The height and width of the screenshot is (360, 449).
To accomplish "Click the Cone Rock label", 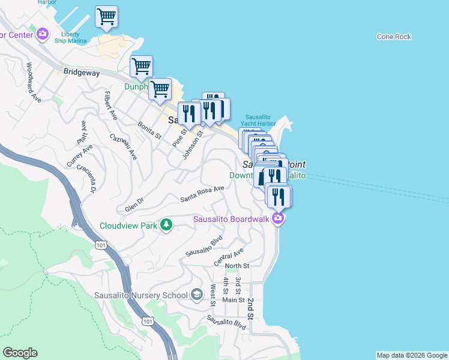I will tap(394, 37).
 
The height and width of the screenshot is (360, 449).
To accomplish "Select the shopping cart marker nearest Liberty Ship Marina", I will tap(106, 17).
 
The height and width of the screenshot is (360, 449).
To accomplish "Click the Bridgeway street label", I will tap(82, 71).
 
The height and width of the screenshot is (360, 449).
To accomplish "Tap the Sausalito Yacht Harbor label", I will tap(260, 120).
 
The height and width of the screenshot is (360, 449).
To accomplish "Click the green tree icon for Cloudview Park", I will tap(167, 225).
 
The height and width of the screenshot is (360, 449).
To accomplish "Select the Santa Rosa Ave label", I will tap(202, 193).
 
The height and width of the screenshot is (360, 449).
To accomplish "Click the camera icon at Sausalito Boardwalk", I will tap(277, 218).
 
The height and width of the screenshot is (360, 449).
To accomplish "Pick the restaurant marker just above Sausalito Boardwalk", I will tap(279, 196).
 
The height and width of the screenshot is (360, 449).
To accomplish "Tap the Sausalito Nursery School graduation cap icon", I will tap(197, 295).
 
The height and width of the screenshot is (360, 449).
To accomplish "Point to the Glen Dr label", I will tap(134, 204).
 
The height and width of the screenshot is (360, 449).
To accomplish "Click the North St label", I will tap(237, 266).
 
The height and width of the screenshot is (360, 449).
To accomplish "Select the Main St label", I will tap(233, 300).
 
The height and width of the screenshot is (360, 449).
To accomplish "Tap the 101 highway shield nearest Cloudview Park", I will tap(100, 244).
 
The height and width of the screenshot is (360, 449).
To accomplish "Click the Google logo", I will tap(20, 353).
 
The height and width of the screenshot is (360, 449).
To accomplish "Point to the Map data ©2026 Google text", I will tap(411, 355).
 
